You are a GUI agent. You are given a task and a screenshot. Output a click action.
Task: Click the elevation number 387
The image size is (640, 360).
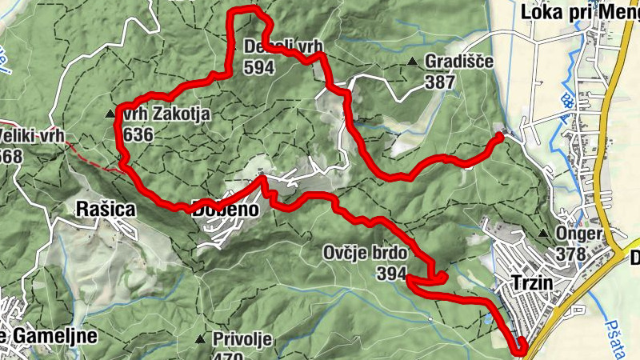coord(440,82)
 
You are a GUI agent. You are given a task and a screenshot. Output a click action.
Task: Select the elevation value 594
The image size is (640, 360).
coord(261,68)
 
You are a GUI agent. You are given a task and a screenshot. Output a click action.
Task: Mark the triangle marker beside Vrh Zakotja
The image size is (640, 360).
coord(110,114)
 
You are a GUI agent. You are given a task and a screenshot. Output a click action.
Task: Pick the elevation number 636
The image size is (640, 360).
coord(138,134)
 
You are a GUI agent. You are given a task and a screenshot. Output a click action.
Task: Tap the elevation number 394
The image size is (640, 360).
coord(392,274)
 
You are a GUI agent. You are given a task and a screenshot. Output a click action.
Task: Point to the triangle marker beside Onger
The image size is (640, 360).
coord(544,234)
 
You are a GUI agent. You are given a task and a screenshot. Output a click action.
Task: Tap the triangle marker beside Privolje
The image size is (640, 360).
coord(199,338)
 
